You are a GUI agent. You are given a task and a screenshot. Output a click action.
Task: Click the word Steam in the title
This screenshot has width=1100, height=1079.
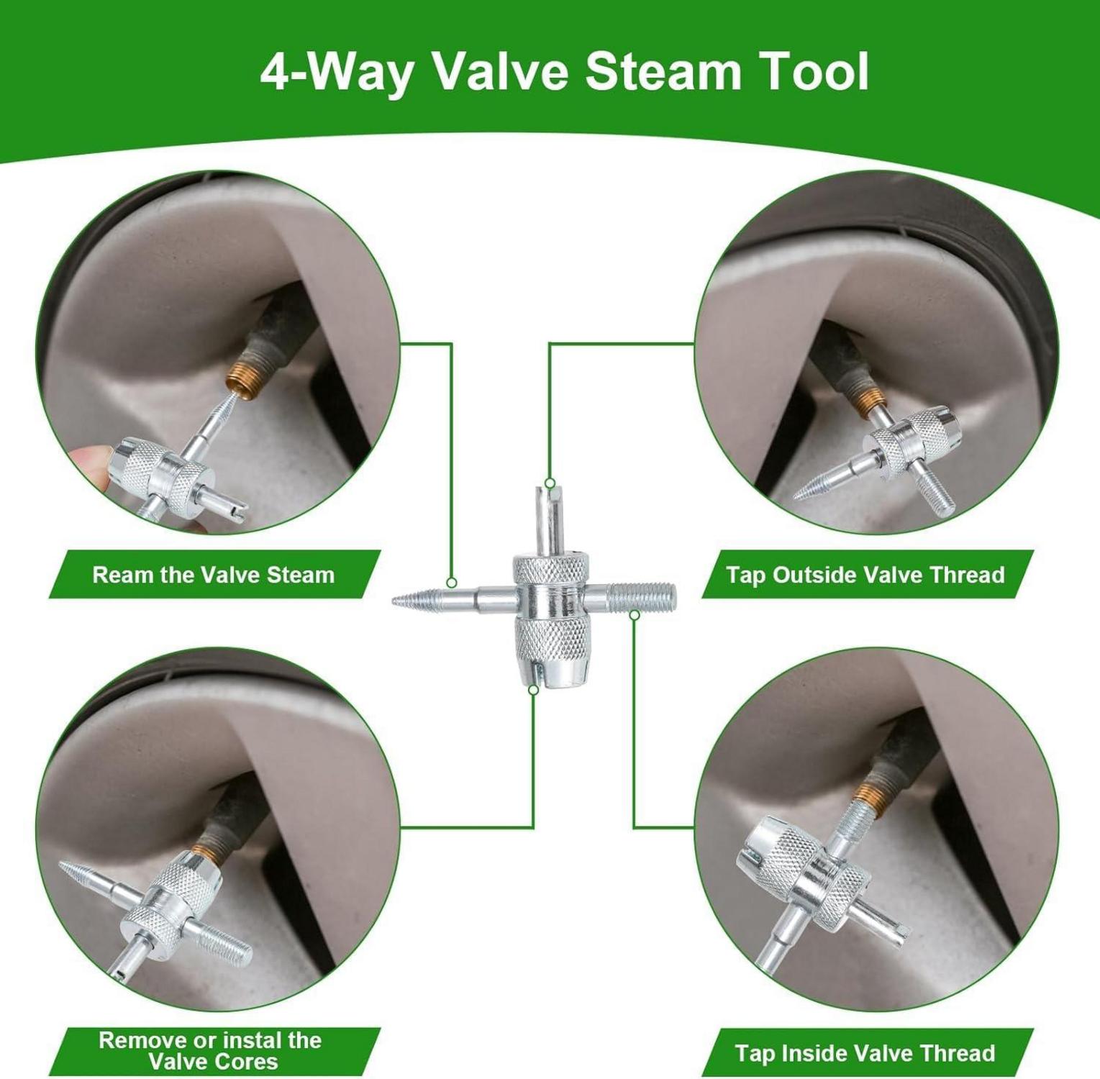[662, 71]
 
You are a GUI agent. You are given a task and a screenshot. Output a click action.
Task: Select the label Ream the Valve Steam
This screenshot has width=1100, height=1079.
[214, 575]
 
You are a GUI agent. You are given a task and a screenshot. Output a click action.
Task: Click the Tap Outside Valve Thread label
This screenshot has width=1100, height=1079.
[865, 575]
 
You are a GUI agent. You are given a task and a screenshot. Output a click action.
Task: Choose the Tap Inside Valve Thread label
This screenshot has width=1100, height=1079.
[865, 1053]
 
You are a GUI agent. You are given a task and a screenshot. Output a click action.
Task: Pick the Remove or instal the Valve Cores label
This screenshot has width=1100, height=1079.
[211, 1051]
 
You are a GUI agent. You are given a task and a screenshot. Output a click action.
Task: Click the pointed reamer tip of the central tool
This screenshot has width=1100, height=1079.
[396, 601]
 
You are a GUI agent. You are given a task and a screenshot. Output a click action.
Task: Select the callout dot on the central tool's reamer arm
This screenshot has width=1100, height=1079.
[451, 583]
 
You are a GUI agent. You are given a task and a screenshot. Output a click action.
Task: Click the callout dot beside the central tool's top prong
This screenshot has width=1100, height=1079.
[550, 483]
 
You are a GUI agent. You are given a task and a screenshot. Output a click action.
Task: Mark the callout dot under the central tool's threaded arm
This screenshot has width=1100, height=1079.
[635, 615]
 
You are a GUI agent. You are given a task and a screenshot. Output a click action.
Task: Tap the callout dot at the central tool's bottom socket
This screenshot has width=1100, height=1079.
[533, 689]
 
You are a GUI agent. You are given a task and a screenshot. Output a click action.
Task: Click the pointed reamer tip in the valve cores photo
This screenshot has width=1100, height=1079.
[65, 865]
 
